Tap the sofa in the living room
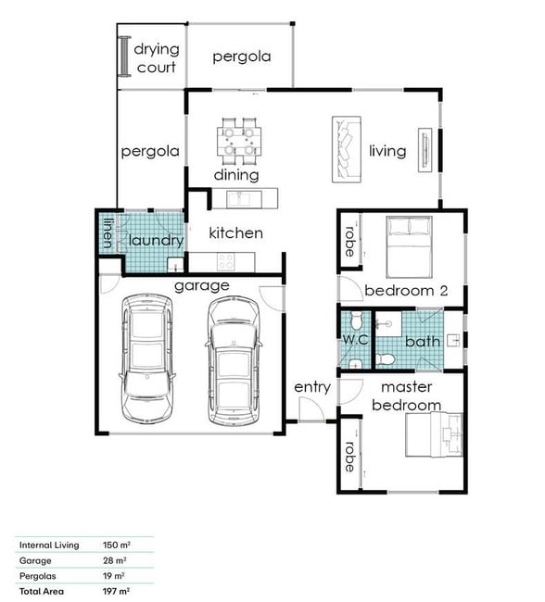click(347, 149)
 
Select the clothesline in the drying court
click(124, 56)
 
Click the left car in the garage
click(146, 358)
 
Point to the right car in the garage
click(234, 361)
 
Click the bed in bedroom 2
click(410, 247)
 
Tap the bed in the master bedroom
click(435, 435)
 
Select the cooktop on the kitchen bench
click(225, 262)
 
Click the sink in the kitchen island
click(239, 198)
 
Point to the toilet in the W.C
click(356, 320)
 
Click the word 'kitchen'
click(236, 233)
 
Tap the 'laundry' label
click(156, 241)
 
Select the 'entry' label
click(312, 387)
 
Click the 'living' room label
click(387, 151)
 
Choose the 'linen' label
click(108, 233)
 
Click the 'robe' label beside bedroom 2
click(349, 242)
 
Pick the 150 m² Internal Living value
click(117, 545)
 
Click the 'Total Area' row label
click(42, 591)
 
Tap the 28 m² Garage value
click(115, 560)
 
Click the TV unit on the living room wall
click(425, 150)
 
